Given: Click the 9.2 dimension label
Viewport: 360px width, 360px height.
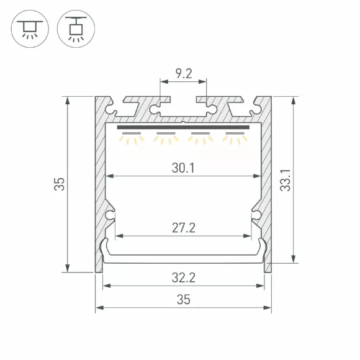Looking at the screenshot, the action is pos(184,73).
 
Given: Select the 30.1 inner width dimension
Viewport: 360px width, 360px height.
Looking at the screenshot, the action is pos(183,168).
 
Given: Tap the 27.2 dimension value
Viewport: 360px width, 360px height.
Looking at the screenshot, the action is pos(184,228).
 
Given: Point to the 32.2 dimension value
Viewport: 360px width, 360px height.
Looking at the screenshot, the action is pos(184,277).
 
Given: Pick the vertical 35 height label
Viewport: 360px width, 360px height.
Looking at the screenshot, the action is pos(59,184).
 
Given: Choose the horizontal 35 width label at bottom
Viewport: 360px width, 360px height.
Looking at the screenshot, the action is pos(184,300).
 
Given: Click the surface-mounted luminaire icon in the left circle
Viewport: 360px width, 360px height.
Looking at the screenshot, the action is pos(30,29).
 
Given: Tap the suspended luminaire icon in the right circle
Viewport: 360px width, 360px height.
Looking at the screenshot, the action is pos(76,29).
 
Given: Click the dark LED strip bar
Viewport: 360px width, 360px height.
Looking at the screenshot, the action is pos(183,127).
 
